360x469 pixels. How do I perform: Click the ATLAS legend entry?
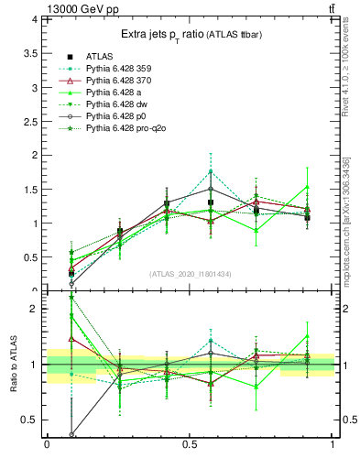pyautogui.click(x=101, y=56)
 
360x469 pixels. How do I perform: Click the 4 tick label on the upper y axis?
pyautogui.click(x=33, y=19)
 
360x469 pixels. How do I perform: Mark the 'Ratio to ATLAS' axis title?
pyautogui.click(x=13, y=365)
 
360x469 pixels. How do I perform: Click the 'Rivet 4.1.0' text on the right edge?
pyautogui.click(x=344, y=69)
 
